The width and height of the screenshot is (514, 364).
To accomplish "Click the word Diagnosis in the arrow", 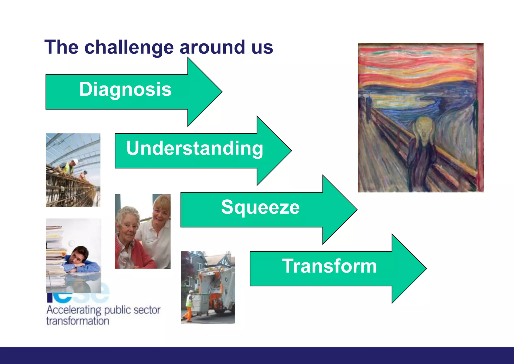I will tap(125, 89).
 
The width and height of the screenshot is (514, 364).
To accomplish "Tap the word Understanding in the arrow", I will tap(195, 148).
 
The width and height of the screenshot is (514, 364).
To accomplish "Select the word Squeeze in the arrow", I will tap(260, 207).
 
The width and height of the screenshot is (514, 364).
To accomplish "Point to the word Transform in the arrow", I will tap(329, 266).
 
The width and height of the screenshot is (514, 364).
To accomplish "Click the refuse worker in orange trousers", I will tap(189, 305).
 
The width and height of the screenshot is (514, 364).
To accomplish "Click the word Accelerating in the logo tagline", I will tap(74, 310).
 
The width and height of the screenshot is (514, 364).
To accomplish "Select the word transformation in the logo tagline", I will tap(78, 321).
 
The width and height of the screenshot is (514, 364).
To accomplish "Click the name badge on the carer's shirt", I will tap(149, 240).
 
